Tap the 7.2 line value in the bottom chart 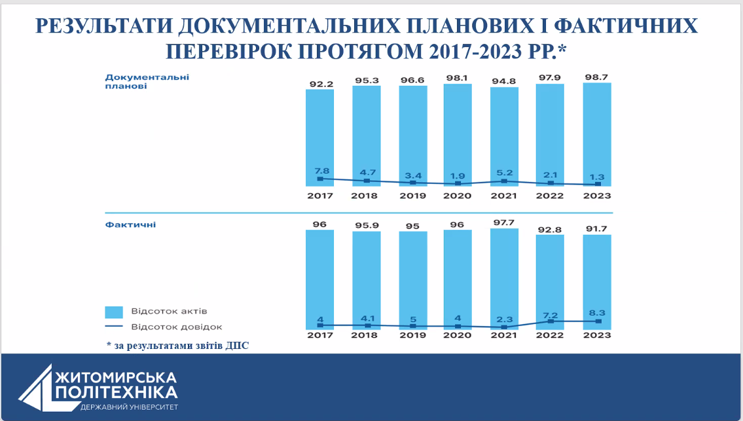[550, 314]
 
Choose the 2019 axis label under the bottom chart [412, 335]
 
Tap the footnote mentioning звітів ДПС [178, 345]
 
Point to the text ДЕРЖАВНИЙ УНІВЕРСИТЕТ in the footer [128, 408]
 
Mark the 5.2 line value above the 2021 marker [504, 172]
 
